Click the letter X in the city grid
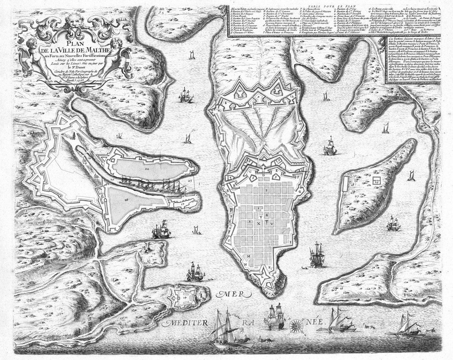tap(259, 223)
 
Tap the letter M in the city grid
tap(248, 256)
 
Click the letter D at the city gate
tap(263, 174)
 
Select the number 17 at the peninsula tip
tap(182, 204)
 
